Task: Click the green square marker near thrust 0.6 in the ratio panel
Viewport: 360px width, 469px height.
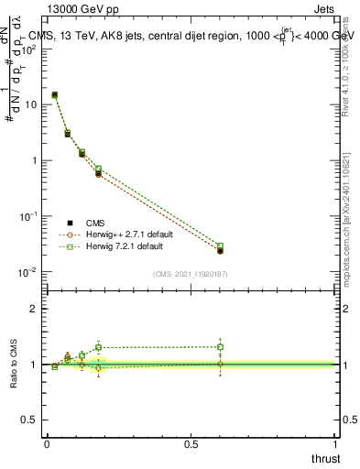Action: click(220, 346)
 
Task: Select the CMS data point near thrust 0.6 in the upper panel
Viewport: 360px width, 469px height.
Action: click(220, 250)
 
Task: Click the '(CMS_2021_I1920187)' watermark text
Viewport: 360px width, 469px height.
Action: click(190, 274)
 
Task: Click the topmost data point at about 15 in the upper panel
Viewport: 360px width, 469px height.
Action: click(55, 94)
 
